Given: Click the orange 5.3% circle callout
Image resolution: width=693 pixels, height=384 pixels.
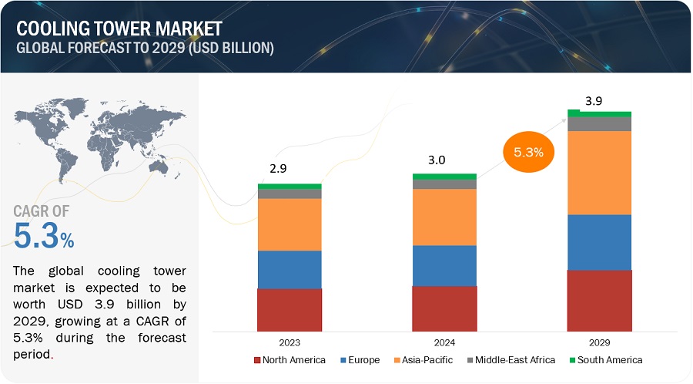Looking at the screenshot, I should (x=529, y=152).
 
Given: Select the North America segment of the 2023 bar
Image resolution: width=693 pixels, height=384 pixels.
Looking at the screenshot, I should (x=290, y=309).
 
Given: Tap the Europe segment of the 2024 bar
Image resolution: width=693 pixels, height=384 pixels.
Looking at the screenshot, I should (x=444, y=265).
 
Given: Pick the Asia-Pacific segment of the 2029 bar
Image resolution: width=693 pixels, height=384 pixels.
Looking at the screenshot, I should (x=599, y=172).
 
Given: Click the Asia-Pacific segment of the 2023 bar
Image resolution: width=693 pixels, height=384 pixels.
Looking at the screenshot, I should (x=290, y=224).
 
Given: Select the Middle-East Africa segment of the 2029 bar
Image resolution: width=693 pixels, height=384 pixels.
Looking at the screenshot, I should (x=599, y=123).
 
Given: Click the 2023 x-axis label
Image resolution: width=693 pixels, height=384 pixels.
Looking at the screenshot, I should (x=290, y=342).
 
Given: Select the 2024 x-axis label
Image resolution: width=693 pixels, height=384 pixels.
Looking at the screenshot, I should (x=444, y=342).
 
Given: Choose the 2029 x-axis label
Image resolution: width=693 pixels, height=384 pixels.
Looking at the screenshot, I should (x=599, y=342).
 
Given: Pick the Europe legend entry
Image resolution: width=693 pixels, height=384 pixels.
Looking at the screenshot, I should (x=360, y=360).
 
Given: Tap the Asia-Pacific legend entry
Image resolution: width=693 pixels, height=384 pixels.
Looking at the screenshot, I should (x=424, y=360).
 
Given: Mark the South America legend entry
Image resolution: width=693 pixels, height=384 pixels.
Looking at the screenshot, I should (x=606, y=360).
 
